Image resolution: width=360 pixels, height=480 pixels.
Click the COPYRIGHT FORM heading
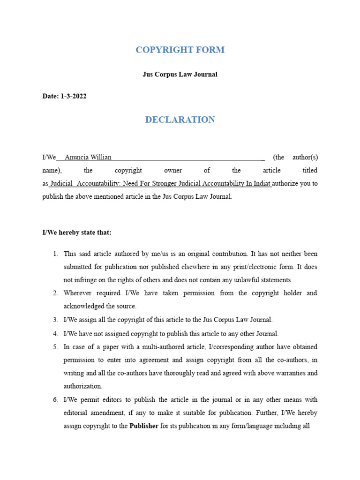[180, 50]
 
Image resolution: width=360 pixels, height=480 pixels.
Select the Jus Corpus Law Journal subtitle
[180, 74]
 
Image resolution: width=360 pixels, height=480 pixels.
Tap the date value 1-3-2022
[73, 96]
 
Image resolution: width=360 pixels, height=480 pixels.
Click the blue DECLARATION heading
[180, 120]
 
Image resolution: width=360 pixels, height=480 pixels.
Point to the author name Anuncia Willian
[88, 157]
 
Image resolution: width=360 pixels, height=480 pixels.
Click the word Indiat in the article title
[262, 183]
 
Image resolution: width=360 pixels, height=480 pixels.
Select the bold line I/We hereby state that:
[77, 232]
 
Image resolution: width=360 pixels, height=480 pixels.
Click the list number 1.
[55, 254]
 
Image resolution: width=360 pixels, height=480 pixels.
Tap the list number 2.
[55, 293]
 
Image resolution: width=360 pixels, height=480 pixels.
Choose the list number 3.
[55, 320]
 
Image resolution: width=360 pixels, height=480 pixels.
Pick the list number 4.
[55, 334]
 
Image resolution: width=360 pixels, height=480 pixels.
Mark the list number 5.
[55, 347]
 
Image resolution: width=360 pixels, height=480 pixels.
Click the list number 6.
[55, 400]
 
